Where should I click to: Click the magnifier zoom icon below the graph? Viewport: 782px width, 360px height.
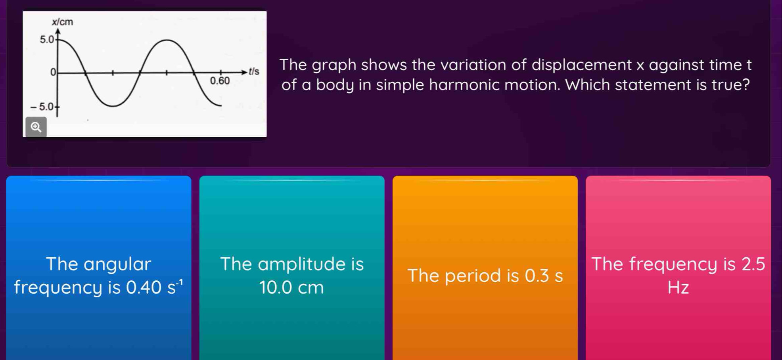point(36,127)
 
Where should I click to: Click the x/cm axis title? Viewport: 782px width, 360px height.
point(63,22)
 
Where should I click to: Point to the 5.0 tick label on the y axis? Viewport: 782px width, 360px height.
point(46,39)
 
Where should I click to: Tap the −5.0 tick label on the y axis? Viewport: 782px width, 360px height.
point(42,107)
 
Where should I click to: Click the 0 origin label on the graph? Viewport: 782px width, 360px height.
point(52,72)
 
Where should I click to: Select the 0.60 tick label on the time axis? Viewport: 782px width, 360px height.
point(220,81)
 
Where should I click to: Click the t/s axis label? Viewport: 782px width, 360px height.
point(253,72)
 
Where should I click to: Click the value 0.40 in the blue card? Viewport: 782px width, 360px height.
point(144,287)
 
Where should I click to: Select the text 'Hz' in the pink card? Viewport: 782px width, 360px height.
point(678,287)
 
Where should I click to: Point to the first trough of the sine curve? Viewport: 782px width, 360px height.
point(113,106)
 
